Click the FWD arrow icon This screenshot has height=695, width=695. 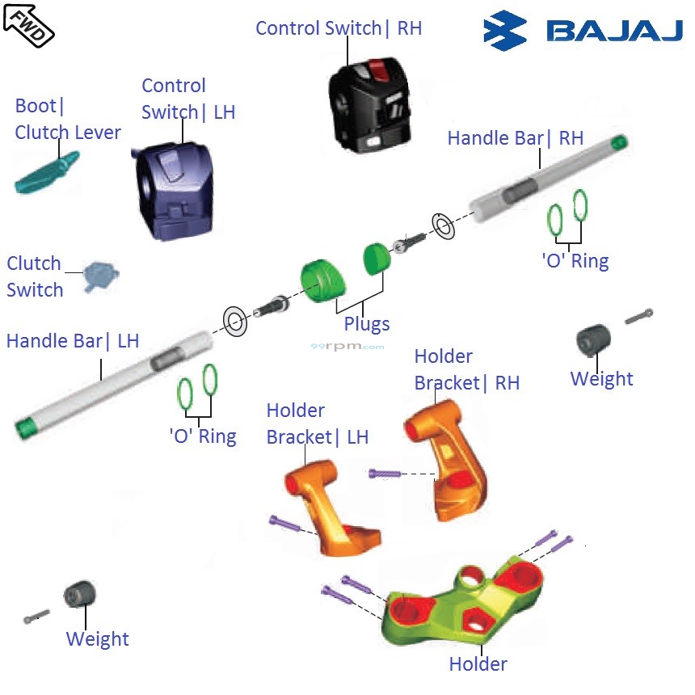point(29,23)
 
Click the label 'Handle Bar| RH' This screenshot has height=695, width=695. point(515,138)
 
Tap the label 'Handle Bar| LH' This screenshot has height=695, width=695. point(73,341)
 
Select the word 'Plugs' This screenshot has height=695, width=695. point(366,324)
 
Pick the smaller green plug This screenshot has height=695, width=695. point(376,259)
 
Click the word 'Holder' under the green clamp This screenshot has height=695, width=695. point(478,664)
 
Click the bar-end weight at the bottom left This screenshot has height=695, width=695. point(79,596)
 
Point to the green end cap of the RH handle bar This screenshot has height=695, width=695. point(619,143)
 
